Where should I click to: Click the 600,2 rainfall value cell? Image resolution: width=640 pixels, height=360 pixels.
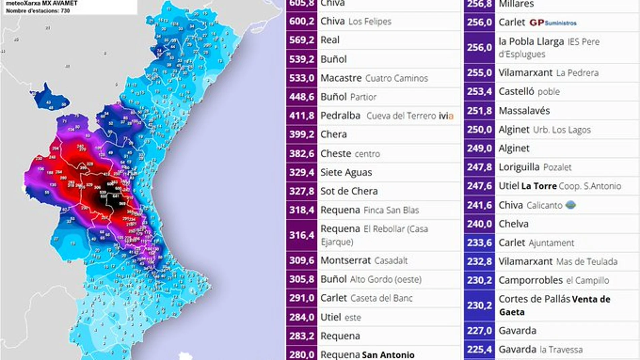(301, 21)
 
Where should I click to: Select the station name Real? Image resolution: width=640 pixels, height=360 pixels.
(330, 40)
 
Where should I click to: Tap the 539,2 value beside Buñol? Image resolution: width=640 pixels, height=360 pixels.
(301, 59)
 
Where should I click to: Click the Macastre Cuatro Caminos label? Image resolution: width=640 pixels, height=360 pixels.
(374, 78)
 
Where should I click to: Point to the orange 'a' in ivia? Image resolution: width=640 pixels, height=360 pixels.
(451, 116)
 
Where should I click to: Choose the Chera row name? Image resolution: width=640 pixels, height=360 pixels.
(333, 134)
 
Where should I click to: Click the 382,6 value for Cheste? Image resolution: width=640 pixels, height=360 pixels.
(301, 154)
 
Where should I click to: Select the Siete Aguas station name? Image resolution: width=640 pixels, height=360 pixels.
(346, 172)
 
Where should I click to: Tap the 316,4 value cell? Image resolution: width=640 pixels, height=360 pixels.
(301, 235)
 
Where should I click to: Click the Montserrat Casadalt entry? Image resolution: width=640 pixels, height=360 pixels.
(364, 260)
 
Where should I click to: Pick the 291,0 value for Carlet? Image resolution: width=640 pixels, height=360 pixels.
(301, 298)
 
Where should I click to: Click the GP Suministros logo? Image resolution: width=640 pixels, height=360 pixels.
(553, 23)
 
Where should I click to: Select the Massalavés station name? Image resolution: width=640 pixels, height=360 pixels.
(524, 110)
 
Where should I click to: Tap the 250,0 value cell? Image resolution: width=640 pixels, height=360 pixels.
(479, 130)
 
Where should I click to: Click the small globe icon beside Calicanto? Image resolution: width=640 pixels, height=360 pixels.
(570, 205)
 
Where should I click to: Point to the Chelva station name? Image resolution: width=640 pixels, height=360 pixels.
(513, 224)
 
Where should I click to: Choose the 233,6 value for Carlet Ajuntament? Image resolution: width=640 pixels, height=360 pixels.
(479, 243)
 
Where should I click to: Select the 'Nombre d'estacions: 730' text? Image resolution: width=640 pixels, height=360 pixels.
(38, 11)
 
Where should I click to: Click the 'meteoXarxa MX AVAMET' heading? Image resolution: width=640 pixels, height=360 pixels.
(42, 3)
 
